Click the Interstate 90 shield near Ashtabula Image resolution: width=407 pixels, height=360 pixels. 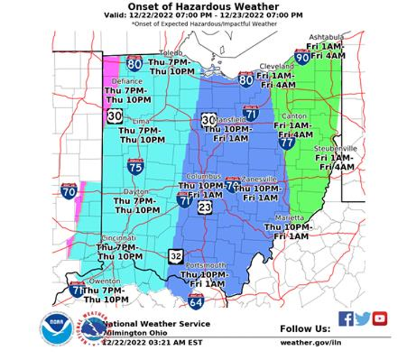[302, 57]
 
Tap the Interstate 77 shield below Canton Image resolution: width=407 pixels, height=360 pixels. [287, 141]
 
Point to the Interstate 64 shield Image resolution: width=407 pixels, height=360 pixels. [196, 301]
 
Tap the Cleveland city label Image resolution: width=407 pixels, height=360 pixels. [277, 66]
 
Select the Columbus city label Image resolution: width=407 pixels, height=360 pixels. [203, 176]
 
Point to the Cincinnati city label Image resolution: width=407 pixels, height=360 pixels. [118, 238]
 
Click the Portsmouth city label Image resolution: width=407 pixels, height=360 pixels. [207, 265]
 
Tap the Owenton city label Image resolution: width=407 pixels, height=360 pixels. [104, 281]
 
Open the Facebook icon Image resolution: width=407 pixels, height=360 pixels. [346, 318]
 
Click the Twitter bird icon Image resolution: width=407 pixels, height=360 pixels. [363, 318]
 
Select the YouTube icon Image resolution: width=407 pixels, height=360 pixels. [379, 318]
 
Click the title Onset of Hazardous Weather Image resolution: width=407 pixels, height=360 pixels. [203, 7]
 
